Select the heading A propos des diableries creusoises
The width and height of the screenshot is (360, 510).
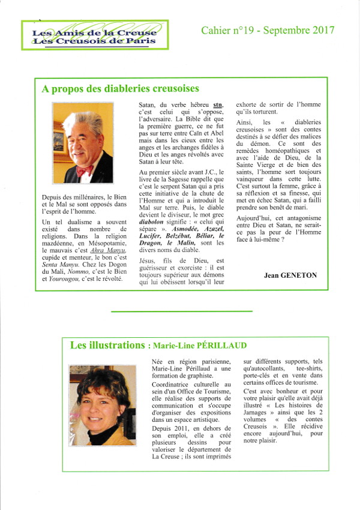coord(120,89)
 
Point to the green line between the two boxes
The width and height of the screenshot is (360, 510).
coord(182,311)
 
